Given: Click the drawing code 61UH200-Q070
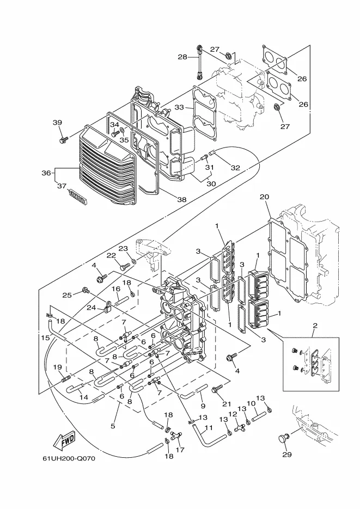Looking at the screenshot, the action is coord(69,459).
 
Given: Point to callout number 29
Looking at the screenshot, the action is coord(286,455).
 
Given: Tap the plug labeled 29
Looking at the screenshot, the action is coord(284,438).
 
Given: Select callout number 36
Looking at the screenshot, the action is coord(46,173).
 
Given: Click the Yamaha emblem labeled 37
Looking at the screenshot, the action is coord(77,198).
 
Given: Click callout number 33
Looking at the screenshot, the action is coord(179,107).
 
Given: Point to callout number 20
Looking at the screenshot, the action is coord(265,197).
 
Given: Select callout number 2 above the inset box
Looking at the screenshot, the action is coord(315,325).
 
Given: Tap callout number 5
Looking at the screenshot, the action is coord(113,426).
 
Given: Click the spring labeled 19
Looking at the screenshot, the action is coord(66,378).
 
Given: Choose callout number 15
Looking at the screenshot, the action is coord(45,338).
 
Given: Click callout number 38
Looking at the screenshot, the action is coord(181,199).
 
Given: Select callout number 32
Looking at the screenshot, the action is coord(235,168).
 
